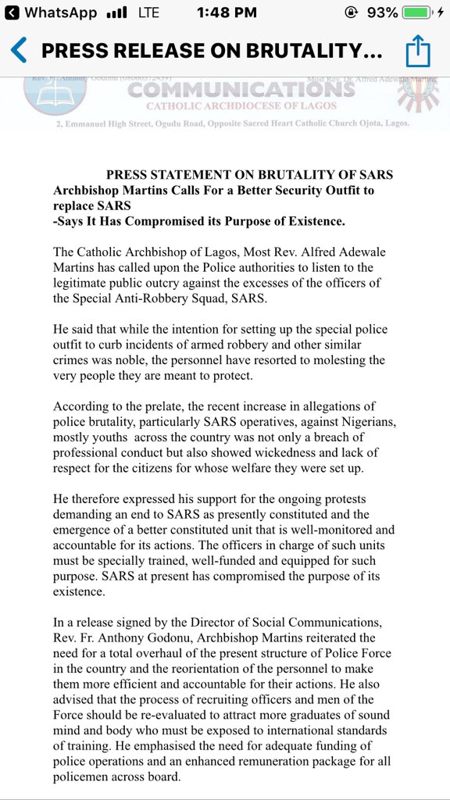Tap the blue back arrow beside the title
pos(19,52)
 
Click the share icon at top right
pos(418,52)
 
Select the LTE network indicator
pos(148,13)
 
